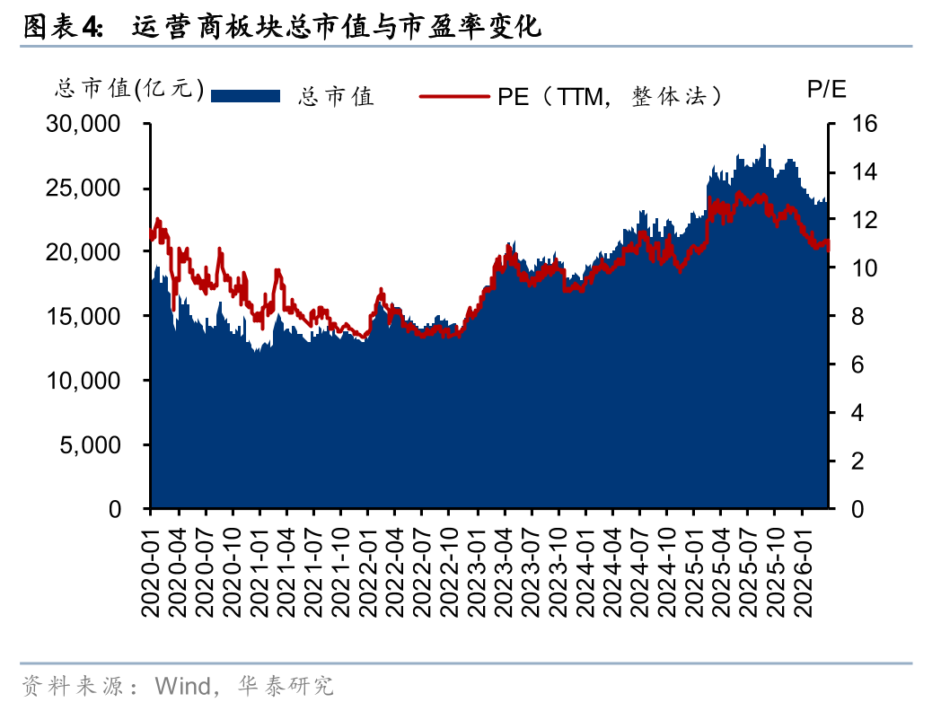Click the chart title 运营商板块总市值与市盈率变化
tap(337, 28)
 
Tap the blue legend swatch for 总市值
tap(245, 95)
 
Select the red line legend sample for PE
tap(454, 95)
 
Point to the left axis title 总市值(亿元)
tap(131, 89)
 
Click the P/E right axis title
tap(826, 89)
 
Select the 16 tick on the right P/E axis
tap(850, 125)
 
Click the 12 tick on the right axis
tap(850, 221)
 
